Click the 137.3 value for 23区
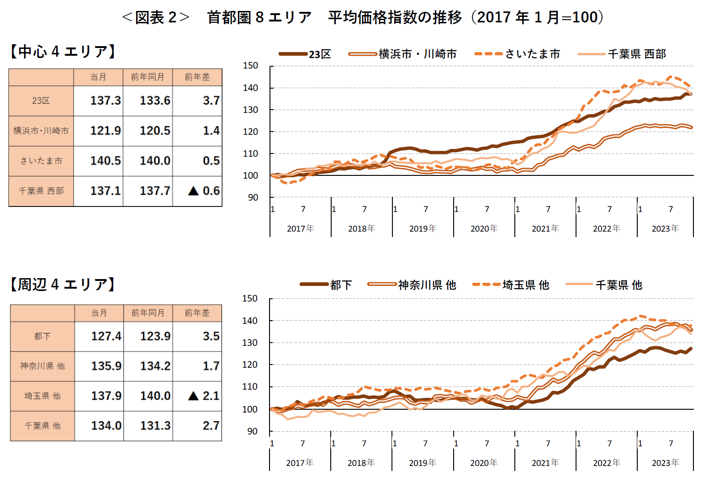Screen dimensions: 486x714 coord(105,100)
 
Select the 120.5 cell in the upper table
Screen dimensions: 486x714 coord(155,131)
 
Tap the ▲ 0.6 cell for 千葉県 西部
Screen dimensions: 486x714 coord(204,191)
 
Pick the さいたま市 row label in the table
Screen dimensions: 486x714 coord(41,161)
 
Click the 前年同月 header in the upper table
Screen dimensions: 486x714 coord(148,77)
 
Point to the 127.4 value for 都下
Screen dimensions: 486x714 coord(106,336)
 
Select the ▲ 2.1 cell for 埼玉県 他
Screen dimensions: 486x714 coord(204,396)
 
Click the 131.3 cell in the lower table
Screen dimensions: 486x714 coord(155,426)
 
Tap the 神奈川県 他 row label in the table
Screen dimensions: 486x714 coord(42,366)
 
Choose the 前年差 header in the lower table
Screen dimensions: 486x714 coord(197,313)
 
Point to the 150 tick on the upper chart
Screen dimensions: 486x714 coord(250,66)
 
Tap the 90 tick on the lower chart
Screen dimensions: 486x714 coord(252,431)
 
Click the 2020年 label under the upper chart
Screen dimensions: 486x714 coord(484,228)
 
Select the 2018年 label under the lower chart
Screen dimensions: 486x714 coord(361,463)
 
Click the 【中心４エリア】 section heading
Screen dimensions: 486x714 coord(63,52)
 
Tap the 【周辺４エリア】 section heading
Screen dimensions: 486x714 coord(63,285)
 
